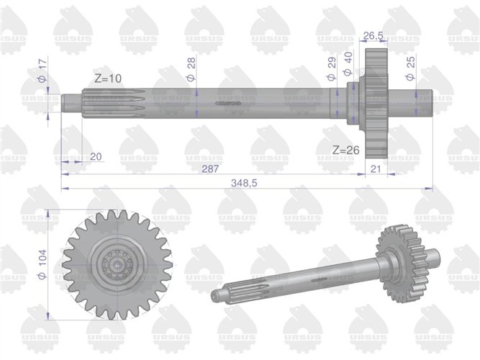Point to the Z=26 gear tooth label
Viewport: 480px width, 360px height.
tap(345, 150)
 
